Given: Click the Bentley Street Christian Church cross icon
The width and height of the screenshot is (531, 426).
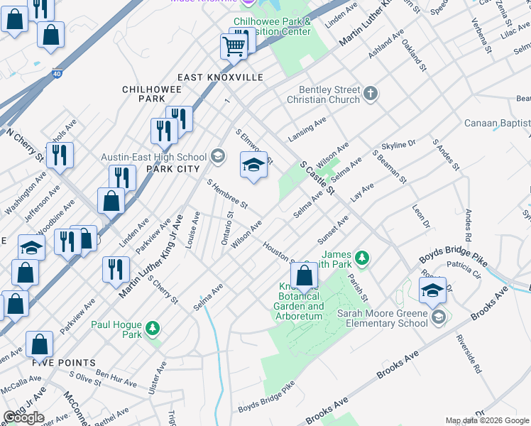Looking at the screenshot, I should [x=370, y=93].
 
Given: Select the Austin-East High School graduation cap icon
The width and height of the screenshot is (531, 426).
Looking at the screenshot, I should [x=218, y=156].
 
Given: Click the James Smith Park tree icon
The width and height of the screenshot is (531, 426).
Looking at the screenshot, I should [x=362, y=257].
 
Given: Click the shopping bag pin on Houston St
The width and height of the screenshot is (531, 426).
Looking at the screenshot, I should [x=304, y=275].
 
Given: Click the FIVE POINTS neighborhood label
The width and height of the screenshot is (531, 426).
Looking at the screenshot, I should [x=63, y=362].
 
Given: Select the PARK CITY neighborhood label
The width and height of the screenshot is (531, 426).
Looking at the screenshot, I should [x=170, y=170].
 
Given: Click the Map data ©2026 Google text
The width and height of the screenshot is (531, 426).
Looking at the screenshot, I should [x=486, y=420].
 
